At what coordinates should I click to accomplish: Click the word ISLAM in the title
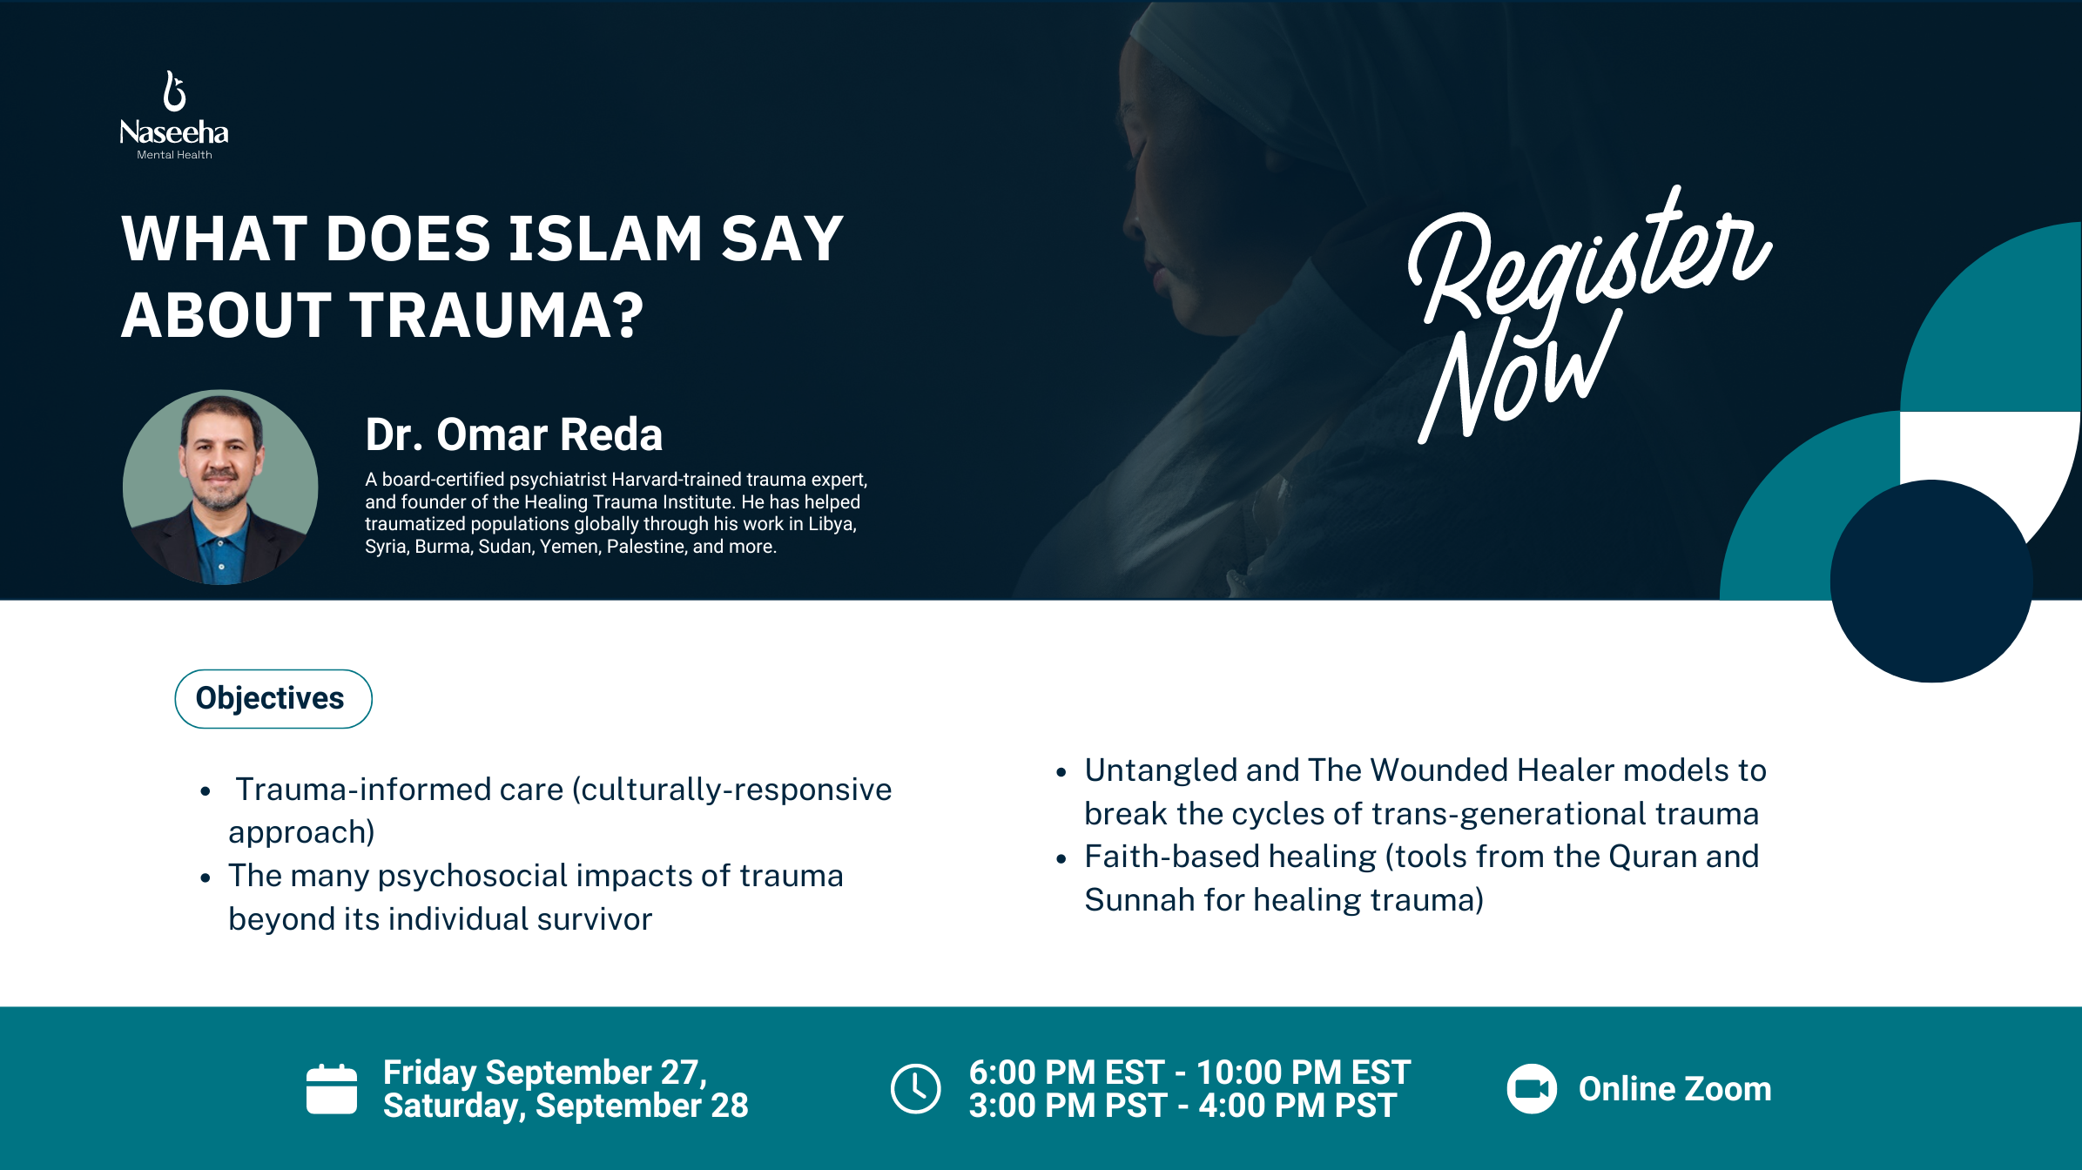(x=604, y=239)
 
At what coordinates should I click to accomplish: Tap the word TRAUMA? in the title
(x=496, y=315)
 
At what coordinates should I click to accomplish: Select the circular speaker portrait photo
(x=220, y=487)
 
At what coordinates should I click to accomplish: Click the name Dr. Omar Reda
(x=514, y=434)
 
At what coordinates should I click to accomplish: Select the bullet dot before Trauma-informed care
(x=206, y=791)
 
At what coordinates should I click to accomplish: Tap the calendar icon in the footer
(x=332, y=1089)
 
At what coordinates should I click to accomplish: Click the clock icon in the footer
(x=915, y=1088)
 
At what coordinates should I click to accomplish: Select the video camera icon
(x=1532, y=1089)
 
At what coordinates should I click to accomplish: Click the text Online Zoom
(x=1674, y=1089)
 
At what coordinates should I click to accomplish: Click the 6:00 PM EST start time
(x=1066, y=1072)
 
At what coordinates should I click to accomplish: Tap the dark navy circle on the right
(x=1931, y=582)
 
